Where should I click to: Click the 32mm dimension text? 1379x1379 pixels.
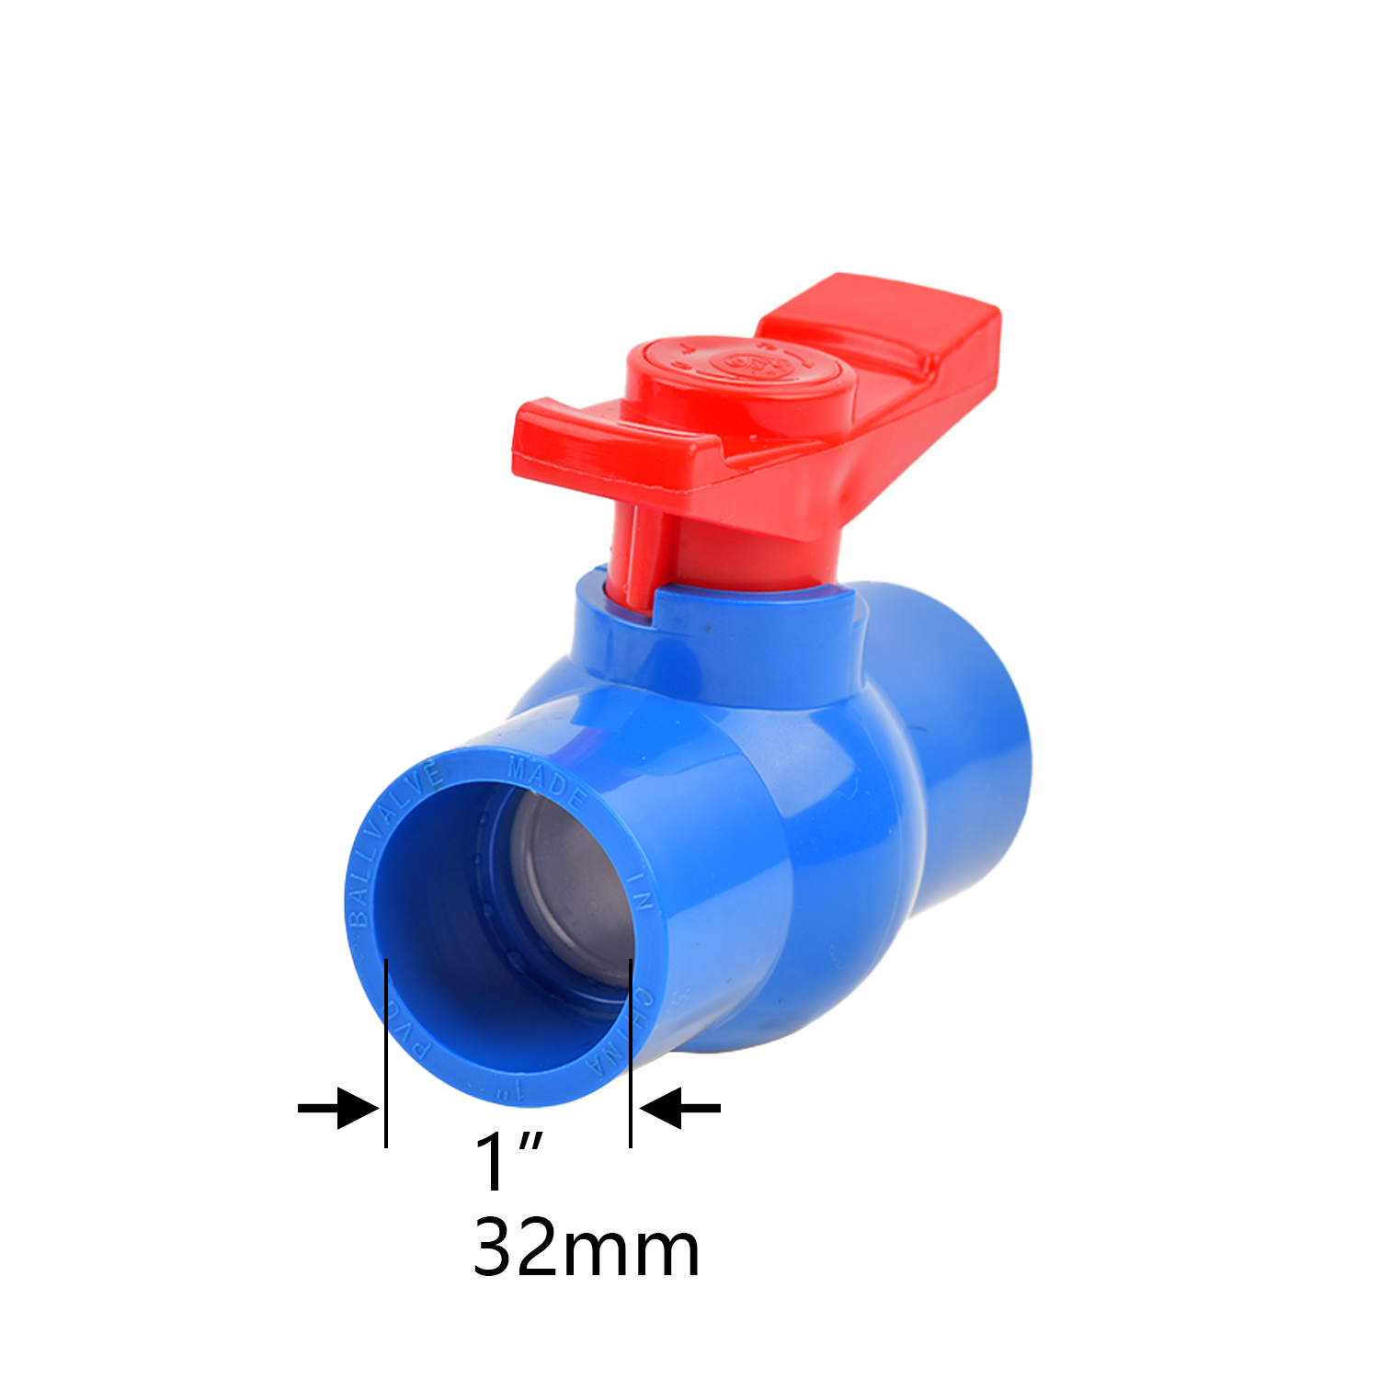pyautogui.click(x=586, y=1248)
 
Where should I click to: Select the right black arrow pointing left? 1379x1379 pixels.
pyautogui.click(x=679, y=1107)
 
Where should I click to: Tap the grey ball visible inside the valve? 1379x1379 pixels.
pyautogui.click(x=570, y=883)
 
